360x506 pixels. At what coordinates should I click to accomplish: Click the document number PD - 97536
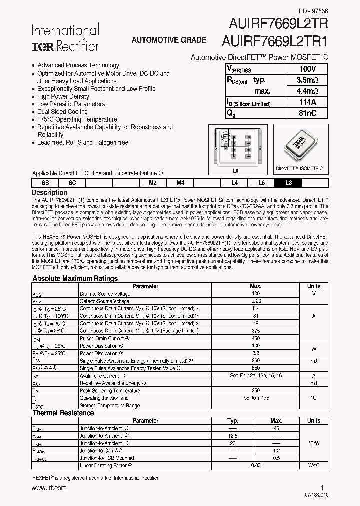313,10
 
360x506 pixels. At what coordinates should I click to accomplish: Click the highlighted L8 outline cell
288,183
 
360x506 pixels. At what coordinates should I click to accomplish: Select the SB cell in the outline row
45,183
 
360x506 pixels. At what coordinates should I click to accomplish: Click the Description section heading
49,192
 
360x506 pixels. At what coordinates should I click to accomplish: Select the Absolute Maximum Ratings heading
75,278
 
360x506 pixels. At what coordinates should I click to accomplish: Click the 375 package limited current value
256,331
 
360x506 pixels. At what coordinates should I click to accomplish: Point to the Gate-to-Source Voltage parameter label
104,301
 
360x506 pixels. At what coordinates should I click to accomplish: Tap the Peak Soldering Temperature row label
109,390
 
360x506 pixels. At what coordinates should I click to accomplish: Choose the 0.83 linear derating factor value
256,466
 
